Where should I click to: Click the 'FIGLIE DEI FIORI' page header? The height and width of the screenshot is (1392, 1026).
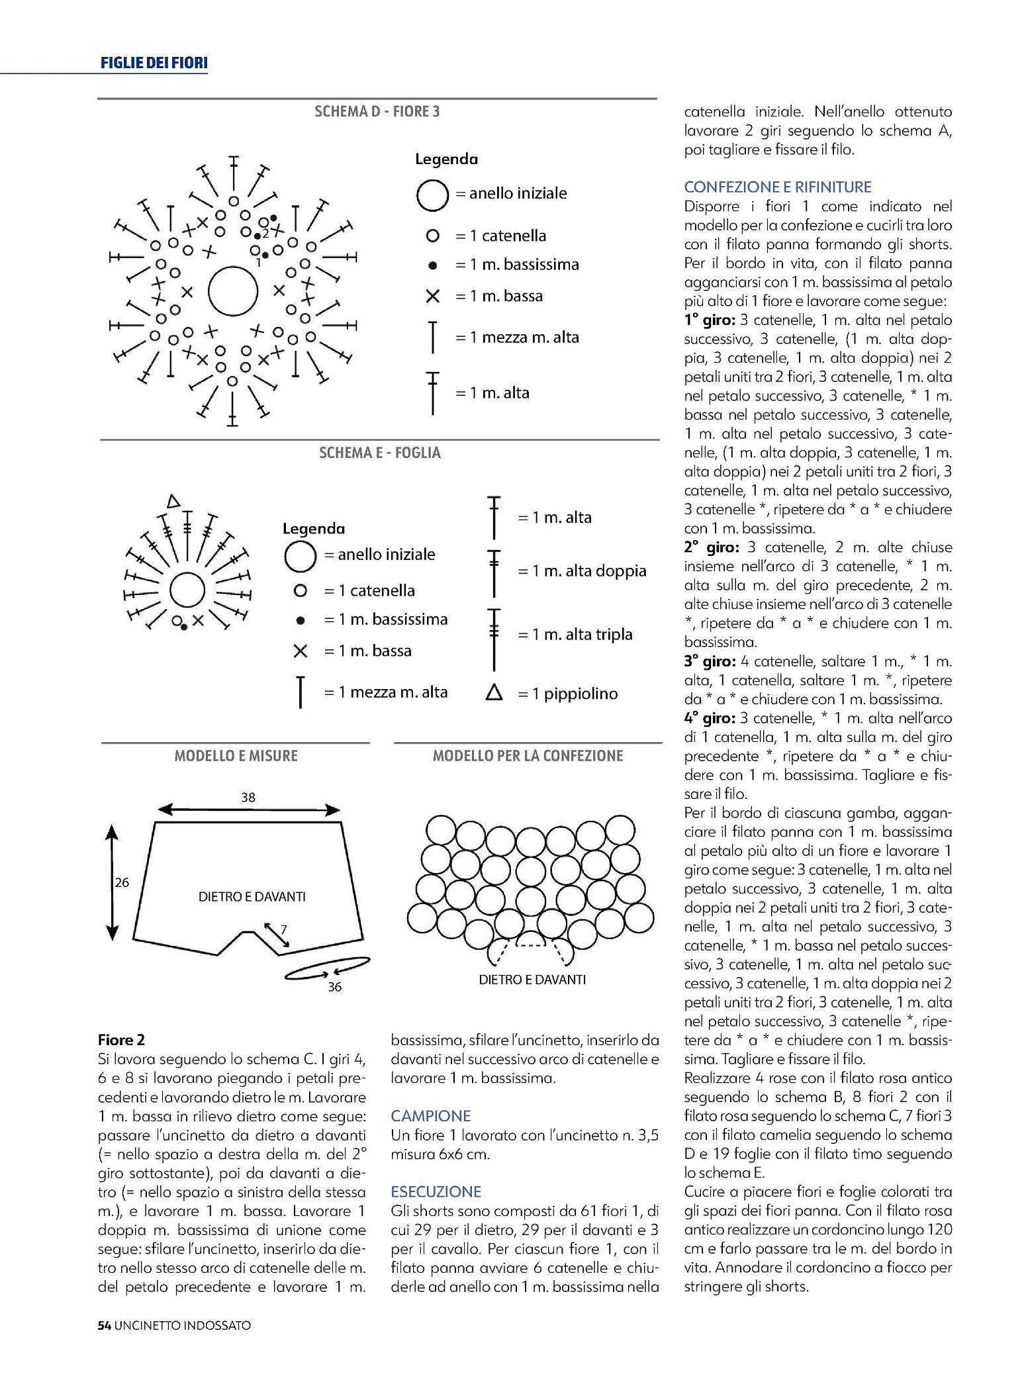coord(154,64)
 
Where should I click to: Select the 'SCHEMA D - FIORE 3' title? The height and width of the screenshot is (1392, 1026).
coord(377,111)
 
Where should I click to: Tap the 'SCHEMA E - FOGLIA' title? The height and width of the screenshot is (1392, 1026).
coord(379,453)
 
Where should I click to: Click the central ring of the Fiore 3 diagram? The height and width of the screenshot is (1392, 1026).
coord(233,291)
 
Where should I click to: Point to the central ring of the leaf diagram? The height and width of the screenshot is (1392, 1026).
coord(187,590)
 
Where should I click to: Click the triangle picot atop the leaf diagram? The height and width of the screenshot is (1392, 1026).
coord(173,501)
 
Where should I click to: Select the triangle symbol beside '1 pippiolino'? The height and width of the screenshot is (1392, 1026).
coord(494,693)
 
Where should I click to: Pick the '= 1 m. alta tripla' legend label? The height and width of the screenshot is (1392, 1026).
coord(575,634)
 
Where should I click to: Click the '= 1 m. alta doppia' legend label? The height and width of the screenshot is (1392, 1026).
coord(582,571)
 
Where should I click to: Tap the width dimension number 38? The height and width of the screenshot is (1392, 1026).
coord(248,798)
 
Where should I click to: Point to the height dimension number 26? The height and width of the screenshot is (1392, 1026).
coord(122,882)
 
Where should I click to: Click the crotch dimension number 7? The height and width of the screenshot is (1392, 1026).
coord(283,929)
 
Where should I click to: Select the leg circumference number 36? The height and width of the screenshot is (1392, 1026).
coord(335,987)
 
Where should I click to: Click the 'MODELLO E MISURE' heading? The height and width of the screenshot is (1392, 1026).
coord(236,756)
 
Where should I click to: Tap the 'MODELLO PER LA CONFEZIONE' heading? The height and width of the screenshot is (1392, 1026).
coord(528,756)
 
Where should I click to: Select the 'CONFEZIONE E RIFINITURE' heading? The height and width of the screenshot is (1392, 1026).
coord(778,187)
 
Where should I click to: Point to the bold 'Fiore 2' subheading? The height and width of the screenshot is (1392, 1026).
coord(121,1040)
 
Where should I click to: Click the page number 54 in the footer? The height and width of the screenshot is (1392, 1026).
coord(104,1325)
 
